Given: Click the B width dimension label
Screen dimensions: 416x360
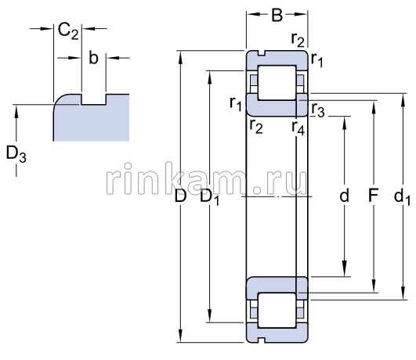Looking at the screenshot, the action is coord(277,15).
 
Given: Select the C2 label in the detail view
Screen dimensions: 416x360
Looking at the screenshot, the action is coord(68,31).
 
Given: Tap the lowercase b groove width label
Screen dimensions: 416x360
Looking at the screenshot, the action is coord(93,58).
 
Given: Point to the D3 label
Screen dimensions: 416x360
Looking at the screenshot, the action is coord(16,154).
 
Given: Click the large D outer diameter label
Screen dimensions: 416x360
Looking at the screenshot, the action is coord(180,196).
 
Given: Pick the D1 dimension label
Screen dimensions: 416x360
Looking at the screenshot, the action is coord(210,197).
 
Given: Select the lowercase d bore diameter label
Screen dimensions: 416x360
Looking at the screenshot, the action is coord(344,196).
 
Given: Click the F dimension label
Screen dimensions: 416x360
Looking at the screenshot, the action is coord(373,196).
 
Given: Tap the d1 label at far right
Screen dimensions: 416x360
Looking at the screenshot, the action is coord(402,197).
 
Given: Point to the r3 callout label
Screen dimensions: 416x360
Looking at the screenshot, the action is coord(318,110).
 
